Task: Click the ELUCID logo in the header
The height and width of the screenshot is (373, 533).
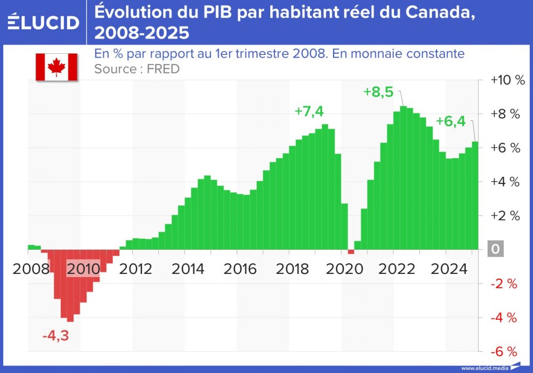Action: click(44, 22)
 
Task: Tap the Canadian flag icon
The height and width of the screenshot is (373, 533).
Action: click(56, 67)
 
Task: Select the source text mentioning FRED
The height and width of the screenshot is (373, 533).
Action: click(136, 69)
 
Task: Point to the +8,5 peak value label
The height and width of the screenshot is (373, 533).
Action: click(378, 92)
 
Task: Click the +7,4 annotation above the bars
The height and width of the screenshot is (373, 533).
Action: click(309, 111)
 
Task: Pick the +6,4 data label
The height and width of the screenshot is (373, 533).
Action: click(450, 121)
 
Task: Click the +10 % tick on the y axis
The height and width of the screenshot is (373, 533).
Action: click(507, 80)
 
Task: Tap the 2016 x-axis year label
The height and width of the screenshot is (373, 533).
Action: click(240, 268)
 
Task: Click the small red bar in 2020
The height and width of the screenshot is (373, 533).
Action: click(351, 252)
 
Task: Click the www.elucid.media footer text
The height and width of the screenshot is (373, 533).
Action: click(483, 368)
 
